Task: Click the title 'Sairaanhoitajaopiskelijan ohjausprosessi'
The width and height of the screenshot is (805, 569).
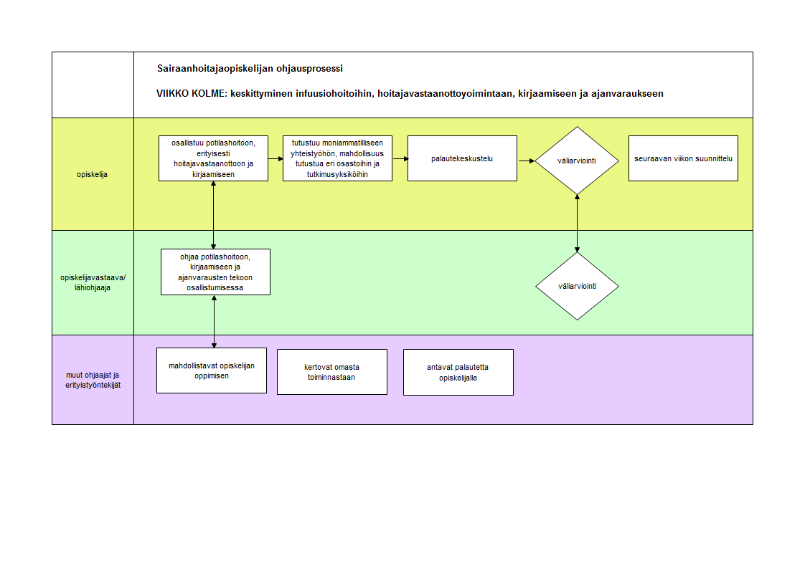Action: click(250, 69)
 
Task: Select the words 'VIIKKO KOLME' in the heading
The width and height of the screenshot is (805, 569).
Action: click(191, 93)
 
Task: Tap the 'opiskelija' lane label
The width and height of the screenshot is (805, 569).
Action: click(93, 174)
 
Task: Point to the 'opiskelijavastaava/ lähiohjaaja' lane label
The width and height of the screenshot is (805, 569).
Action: click(93, 282)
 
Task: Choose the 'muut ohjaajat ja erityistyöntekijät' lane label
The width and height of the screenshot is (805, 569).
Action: click(93, 380)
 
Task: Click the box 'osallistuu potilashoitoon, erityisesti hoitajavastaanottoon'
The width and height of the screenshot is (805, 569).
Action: click(214, 158)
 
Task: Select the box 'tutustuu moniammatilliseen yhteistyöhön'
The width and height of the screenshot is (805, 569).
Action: click(337, 158)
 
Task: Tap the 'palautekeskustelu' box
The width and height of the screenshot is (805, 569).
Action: click(462, 158)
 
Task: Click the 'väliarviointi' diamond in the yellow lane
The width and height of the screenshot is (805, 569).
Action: click(577, 161)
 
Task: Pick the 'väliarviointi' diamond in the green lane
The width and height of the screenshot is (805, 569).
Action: click(577, 286)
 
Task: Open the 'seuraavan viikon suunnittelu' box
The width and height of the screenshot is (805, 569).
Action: click(683, 158)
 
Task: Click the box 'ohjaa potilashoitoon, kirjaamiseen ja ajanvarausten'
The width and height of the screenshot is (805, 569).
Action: click(216, 272)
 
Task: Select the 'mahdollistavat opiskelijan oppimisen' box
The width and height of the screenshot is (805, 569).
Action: click(212, 370)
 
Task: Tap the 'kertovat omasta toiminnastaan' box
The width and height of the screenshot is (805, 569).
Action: click(332, 372)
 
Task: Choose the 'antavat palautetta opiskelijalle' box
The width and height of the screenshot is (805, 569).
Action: click(458, 373)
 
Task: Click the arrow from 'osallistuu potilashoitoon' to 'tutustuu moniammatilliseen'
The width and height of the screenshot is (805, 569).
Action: click(276, 159)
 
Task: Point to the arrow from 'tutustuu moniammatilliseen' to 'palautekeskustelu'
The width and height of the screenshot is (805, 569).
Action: click(400, 159)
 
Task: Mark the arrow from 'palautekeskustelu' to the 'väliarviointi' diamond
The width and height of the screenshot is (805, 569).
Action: click(527, 161)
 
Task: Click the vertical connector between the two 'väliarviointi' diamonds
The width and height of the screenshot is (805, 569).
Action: click(577, 224)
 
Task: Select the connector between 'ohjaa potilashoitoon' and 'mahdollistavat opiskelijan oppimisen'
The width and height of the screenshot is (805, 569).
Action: click(214, 322)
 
